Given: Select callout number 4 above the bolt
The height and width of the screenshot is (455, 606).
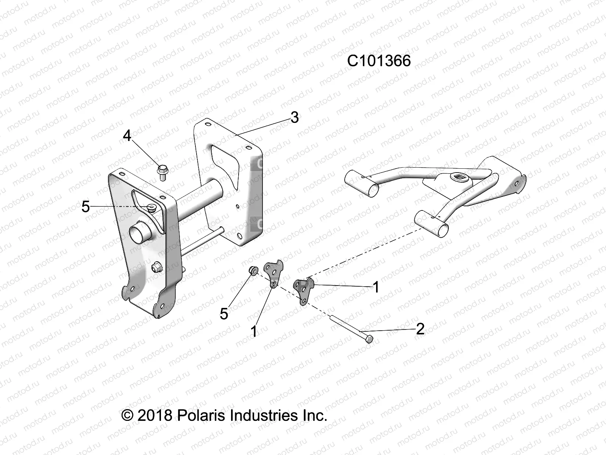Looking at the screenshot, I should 127,136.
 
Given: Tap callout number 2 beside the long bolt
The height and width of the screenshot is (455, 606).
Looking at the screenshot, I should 420,329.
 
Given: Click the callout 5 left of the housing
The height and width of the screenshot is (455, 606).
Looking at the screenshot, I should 86,207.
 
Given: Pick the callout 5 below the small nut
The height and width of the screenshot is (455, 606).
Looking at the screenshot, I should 224,314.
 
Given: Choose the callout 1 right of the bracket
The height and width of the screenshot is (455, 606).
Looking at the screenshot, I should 376,287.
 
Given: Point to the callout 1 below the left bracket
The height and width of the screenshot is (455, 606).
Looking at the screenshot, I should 254,331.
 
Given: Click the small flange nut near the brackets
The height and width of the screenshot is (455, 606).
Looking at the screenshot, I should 253,270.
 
